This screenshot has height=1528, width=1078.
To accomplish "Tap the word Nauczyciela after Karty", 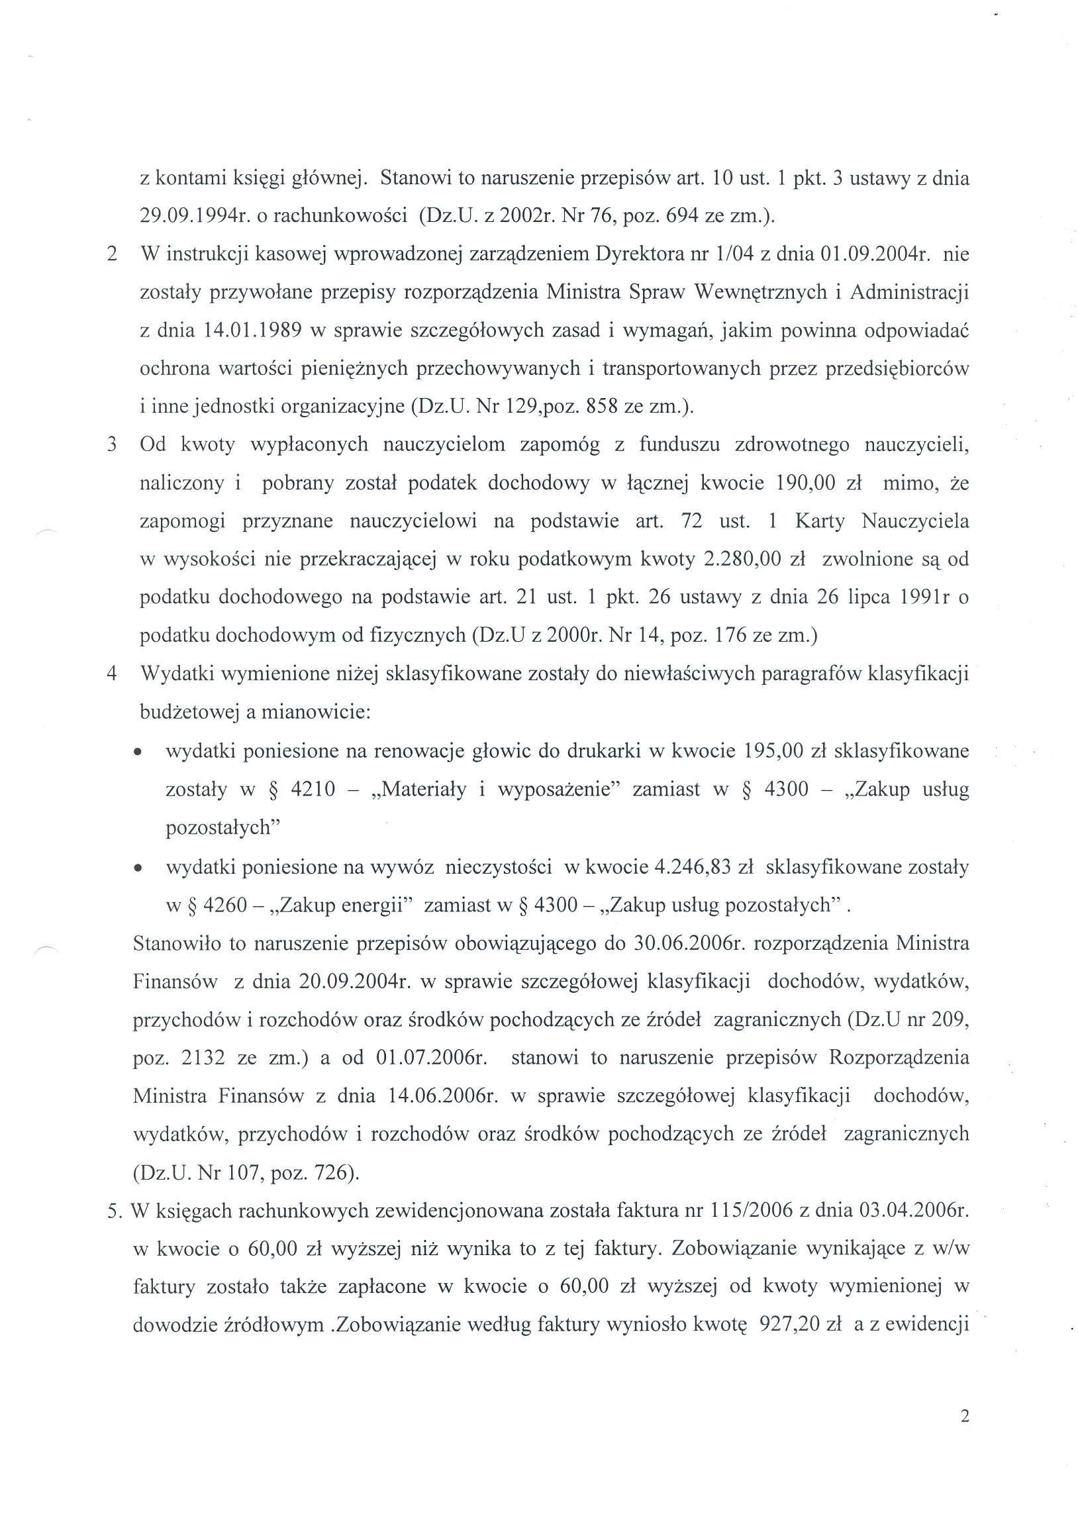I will point(915,521).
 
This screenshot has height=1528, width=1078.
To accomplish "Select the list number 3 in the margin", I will point(113,444).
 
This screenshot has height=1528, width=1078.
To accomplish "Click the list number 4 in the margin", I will point(113,674).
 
